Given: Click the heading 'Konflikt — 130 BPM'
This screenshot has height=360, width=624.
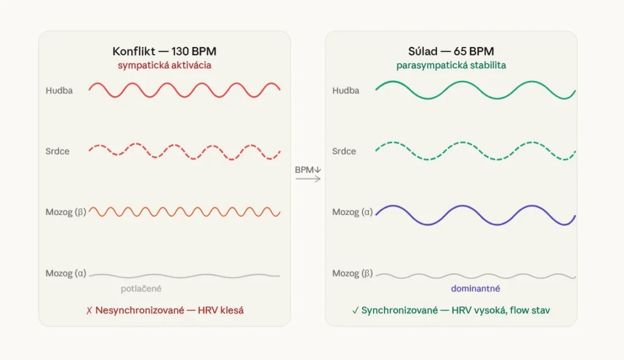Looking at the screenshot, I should pos(164,51).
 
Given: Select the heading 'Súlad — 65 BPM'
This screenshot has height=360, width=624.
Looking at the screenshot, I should pos(450,51).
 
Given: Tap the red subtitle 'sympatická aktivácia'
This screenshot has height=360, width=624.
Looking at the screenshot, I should pos(165,65).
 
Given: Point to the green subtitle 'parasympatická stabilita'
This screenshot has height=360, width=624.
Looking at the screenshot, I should pos(450,65).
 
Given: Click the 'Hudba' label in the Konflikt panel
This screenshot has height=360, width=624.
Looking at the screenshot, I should pos(58,91).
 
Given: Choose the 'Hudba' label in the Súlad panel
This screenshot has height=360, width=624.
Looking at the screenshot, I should pos(346,91).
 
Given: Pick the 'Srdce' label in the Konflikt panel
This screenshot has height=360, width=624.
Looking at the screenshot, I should pos(58,151).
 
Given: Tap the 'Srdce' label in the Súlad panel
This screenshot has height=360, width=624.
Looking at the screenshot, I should pos(344,151).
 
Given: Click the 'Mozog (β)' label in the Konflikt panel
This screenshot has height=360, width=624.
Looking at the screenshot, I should pos(66,212).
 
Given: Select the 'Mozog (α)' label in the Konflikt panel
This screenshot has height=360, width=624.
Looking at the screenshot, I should pos(66,274).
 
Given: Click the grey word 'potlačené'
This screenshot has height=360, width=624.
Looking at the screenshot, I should pos(141,289).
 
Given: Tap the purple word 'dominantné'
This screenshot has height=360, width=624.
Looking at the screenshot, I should pos(475,289).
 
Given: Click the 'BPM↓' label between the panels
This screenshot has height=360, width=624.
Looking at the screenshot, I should pos(308,170).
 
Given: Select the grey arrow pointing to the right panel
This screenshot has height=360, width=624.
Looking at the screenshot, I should pos(308,180).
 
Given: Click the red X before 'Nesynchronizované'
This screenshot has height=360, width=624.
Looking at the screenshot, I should pos(89,311).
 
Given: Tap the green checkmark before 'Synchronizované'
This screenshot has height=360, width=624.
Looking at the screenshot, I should pos(355,311).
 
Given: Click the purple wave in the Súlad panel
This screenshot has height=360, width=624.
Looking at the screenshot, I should pos(475,215).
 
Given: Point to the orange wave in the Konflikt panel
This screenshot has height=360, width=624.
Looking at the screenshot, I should pos(185,212).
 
